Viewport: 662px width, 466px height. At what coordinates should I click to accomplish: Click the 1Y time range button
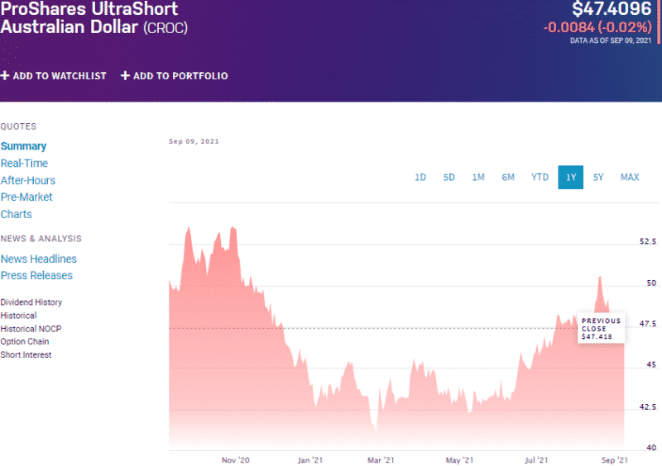[x=570, y=177]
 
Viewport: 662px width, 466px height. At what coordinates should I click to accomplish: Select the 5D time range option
[x=449, y=177]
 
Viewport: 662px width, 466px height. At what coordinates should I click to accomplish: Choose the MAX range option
[x=630, y=177]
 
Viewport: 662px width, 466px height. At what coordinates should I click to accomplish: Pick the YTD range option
[x=540, y=177]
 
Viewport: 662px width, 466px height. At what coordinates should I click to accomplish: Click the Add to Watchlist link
[x=54, y=76]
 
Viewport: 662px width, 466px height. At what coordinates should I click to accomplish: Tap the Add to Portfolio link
[x=175, y=76]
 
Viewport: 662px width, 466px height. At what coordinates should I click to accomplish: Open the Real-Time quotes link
[x=24, y=164]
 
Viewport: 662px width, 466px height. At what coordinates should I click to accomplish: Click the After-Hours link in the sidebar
[x=28, y=180]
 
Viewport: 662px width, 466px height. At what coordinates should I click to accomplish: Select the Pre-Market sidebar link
[x=26, y=197]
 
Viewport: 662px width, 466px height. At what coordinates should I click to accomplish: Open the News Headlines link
[x=38, y=259]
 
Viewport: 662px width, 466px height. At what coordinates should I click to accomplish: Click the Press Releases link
[x=36, y=275]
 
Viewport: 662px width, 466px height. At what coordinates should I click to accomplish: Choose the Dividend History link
[x=31, y=302]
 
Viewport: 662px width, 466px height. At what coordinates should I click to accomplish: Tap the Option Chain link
[x=25, y=341]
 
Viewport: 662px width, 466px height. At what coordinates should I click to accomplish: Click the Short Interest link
[x=26, y=354]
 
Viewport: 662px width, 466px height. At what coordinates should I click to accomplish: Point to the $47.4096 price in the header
[x=612, y=10]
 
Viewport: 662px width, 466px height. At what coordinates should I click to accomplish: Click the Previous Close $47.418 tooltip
[x=601, y=328]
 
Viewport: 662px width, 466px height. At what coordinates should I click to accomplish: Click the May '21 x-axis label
[x=458, y=459]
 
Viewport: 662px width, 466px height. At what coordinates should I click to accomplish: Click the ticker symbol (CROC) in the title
[x=165, y=28]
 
